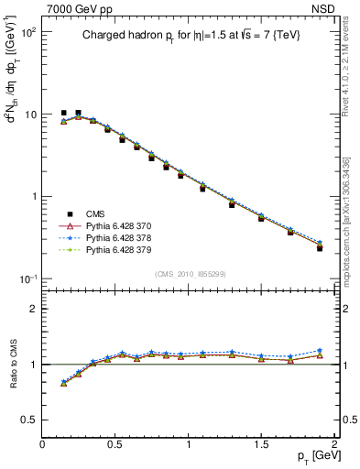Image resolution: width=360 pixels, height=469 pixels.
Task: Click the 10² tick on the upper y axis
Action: (x=27, y=32)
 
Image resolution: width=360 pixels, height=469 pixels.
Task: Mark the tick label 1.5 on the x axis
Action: (x=262, y=443)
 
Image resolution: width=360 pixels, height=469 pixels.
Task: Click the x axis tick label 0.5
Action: (x=115, y=443)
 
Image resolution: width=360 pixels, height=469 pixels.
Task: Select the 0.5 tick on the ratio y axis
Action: (x=29, y=420)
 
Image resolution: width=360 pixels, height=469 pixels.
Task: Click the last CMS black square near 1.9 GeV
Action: (x=320, y=247)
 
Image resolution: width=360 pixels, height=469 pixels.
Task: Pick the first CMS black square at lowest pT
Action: (x=63, y=113)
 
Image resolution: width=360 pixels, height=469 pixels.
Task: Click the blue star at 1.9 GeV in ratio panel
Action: (x=320, y=351)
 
